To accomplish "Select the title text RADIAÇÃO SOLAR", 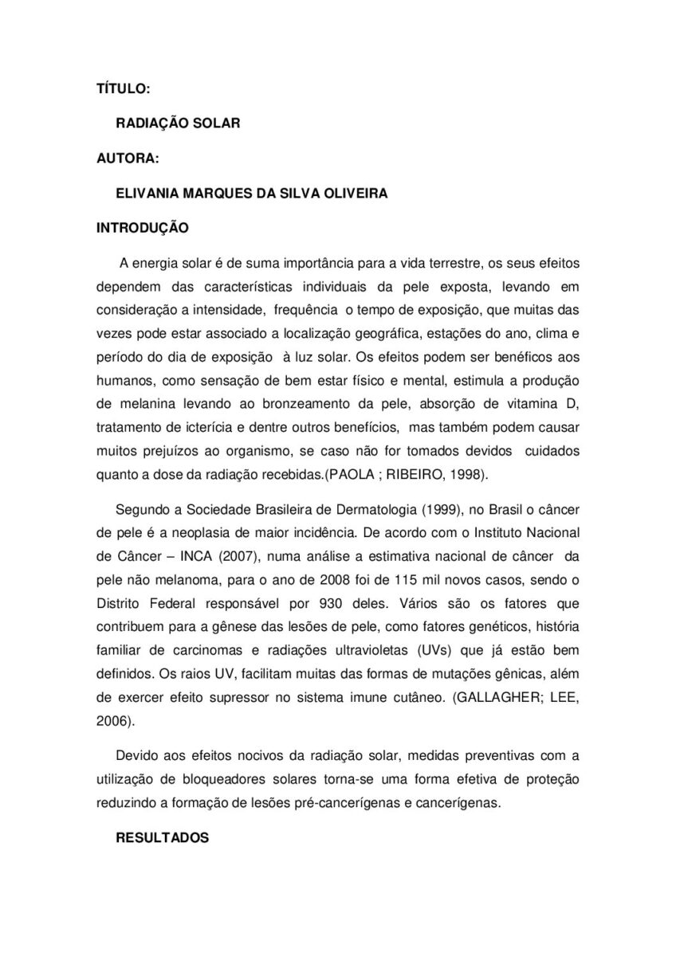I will click(x=178, y=125).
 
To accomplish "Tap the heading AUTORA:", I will click(x=128, y=159).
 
